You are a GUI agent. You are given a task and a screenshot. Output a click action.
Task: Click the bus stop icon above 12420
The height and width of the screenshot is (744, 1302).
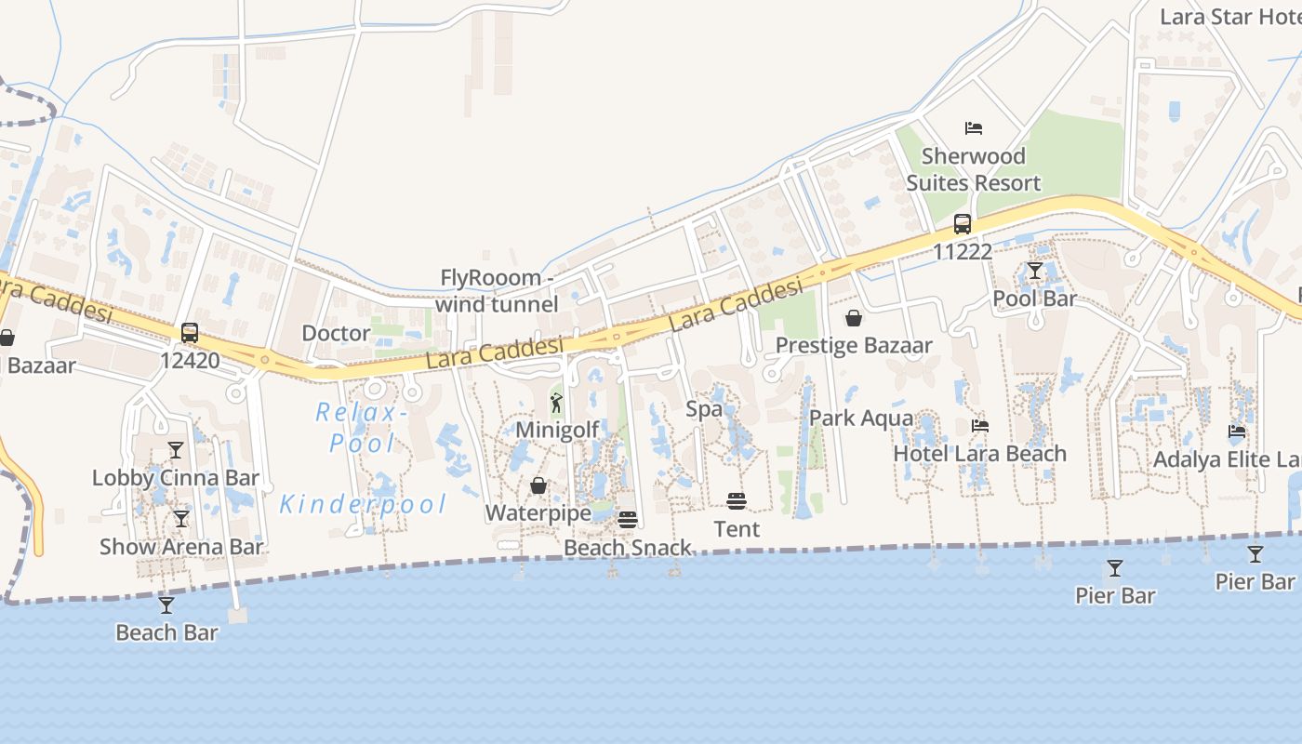[190, 333]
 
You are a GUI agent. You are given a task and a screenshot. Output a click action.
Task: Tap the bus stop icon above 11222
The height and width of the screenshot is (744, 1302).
[963, 224]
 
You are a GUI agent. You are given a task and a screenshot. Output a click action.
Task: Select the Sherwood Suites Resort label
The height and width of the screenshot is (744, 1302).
[974, 169]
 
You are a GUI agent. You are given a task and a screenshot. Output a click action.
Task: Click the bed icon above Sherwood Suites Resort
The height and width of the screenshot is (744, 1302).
[974, 128]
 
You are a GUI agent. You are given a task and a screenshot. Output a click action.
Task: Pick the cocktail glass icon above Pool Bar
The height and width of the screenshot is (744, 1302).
[1035, 271]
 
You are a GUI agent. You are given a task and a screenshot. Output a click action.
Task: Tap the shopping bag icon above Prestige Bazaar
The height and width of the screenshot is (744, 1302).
[854, 318]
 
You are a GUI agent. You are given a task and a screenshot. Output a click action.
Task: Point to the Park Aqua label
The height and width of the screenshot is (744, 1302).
[861, 418]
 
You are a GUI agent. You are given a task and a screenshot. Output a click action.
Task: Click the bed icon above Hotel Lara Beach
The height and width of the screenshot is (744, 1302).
[980, 426]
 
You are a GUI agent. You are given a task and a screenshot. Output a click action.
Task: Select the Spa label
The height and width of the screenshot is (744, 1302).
[704, 409]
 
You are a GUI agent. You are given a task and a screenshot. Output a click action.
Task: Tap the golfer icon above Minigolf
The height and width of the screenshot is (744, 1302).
[556, 403]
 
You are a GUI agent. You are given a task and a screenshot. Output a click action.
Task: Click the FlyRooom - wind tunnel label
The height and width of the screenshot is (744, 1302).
[498, 290]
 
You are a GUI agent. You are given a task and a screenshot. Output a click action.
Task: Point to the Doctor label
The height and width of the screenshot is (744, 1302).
[337, 334]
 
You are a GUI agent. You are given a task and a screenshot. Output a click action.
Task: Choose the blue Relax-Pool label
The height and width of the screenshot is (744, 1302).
[362, 427]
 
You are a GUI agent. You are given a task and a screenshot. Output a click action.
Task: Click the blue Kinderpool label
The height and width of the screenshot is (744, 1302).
[364, 505]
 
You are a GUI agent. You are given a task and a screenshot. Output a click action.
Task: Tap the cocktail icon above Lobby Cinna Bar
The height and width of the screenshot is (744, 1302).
[176, 450]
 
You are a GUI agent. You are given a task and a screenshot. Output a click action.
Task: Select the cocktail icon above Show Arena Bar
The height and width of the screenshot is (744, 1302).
[181, 519]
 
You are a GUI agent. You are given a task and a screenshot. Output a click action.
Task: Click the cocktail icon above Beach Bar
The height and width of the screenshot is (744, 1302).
[166, 605]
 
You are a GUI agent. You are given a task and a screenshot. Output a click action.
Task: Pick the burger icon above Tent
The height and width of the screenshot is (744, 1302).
[737, 502]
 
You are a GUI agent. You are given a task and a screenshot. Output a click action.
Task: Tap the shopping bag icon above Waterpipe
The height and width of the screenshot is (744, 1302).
[538, 485]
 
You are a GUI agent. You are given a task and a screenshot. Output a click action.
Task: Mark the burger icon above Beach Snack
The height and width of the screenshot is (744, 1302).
[628, 520]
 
